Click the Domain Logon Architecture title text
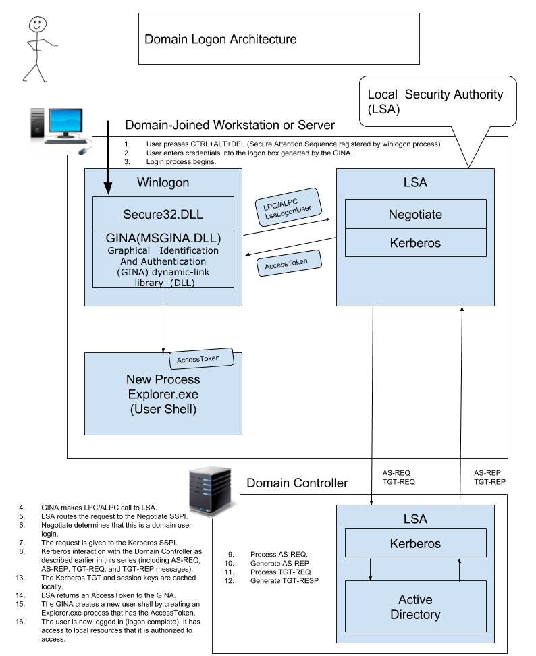click(x=220, y=39)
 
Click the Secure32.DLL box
click(x=163, y=214)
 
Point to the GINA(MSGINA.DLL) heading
click(x=163, y=238)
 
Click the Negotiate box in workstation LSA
click(x=415, y=214)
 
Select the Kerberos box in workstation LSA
click(x=415, y=242)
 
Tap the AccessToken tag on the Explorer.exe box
click(x=200, y=359)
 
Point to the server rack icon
click(x=211, y=492)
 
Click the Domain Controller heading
click(x=297, y=483)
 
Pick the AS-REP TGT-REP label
click(x=489, y=477)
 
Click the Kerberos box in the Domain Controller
click(x=415, y=543)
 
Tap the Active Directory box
click(x=415, y=607)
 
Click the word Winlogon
click(x=163, y=182)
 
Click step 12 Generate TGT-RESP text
click(x=284, y=580)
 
